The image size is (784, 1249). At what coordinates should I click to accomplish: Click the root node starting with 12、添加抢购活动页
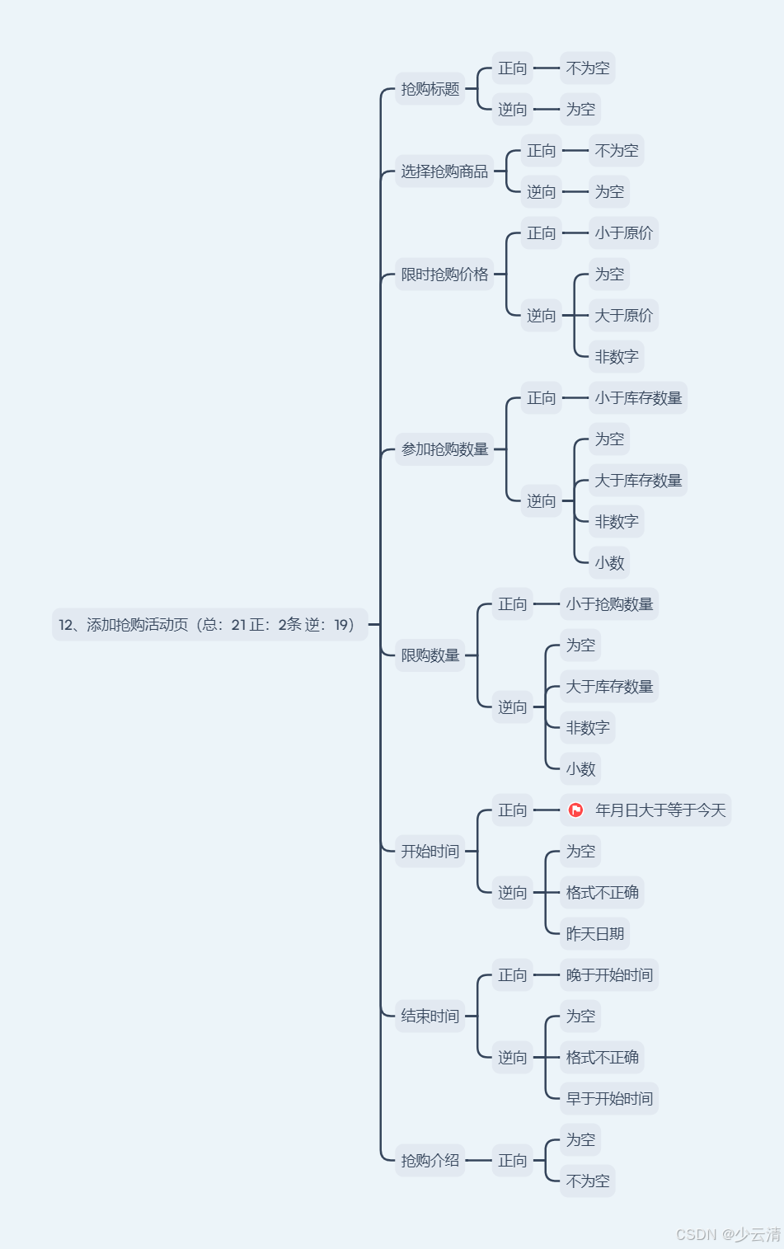click(x=209, y=625)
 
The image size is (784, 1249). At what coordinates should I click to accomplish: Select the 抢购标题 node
click(x=430, y=89)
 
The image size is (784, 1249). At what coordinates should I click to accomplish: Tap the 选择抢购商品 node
click(x=444, y=171)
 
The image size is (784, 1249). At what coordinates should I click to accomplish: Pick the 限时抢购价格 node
click(x=444, y=275)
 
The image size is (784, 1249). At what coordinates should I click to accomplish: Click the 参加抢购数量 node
click(x=444, y=449)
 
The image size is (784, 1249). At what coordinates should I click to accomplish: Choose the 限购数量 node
click(x=430, y=655)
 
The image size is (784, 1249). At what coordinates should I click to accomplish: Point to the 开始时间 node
click(x=430, y=852)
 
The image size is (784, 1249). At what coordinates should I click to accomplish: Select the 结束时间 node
click(x=430, y=1017)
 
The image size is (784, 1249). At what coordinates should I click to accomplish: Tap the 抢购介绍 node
click(x=430, y=1161)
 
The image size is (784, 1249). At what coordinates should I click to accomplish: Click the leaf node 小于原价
click(x=623, y=233)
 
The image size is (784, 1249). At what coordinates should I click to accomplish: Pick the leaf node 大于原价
click(x=623, y=316)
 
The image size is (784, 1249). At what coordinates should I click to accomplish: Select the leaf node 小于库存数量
click(x=638, y=398)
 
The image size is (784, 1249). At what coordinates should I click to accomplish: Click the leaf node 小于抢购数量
click(x=609, y=604)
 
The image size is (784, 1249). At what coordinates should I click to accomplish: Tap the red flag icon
click(x=576, y=810)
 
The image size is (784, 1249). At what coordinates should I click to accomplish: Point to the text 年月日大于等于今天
click(x=660, y=810)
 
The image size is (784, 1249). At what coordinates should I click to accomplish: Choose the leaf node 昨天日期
click(x=594, y=934)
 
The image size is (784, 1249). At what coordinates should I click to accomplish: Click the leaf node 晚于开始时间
click(x=609, y=975)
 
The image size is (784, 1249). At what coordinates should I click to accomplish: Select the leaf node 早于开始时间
click(x=609, y=1099)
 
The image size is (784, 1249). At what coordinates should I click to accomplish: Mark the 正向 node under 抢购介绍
click(x=512, y=1161)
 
